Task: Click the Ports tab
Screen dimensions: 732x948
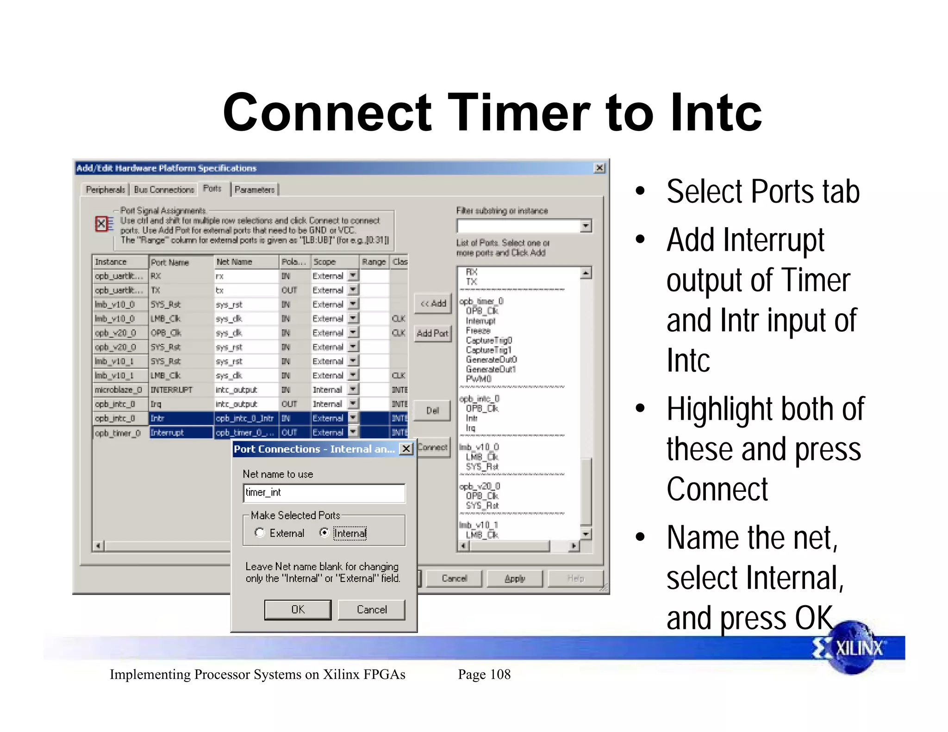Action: tap(212, 189)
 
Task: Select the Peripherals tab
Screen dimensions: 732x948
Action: tap(106, 190)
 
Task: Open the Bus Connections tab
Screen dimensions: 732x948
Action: tap(164, 190)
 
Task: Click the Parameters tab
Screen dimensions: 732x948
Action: tap(255, 190)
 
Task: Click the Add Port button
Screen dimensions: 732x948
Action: tap(432, 333)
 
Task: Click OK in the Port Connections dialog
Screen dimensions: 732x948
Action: tap(298, 609)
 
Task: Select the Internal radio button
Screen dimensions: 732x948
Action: tap(324, 533)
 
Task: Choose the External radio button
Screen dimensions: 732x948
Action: tap(260, 533)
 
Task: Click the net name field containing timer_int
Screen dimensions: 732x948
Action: tap(324, 493)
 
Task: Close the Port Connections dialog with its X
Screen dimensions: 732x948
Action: tap(406, 449)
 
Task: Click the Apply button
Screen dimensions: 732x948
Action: tap(515, 578)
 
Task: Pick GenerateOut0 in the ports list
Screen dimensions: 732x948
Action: tap(491, 360)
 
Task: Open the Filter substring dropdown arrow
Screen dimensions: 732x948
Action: tap(586, 226)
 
